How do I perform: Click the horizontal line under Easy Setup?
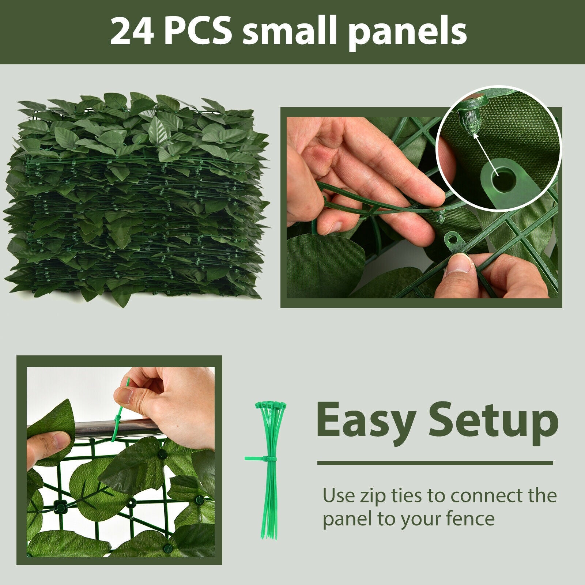[435, 463]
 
